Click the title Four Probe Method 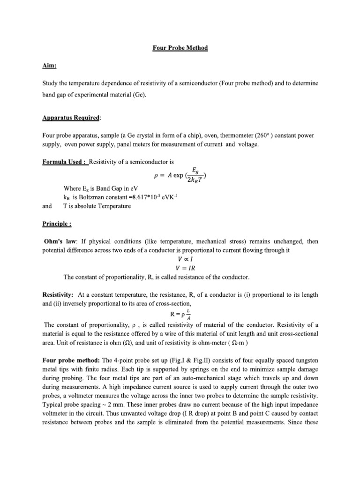click(180, 48)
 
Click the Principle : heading click(56, 224)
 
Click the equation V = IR click(180, 268)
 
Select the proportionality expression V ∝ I click(180, 259)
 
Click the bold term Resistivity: click(58, 294)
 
